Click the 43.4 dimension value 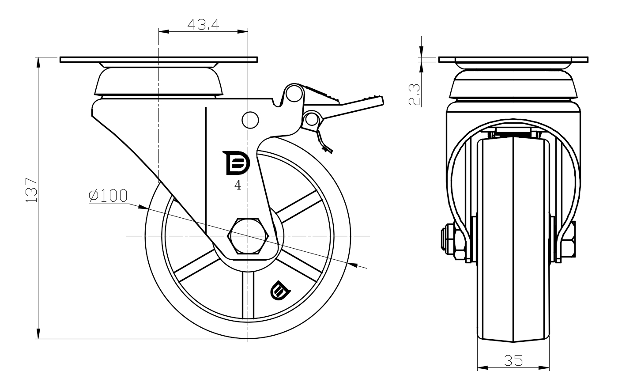pos(203,24)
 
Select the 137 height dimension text pos(30,190)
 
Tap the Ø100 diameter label pos(108,196)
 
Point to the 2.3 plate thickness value pos(414,94)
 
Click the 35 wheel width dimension pos(513,361)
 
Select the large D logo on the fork pos(236,163)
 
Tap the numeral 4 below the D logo pos(237,186)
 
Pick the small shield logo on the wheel pos(279,291)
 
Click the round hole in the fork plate pos(250,119)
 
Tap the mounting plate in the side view pos(158,60)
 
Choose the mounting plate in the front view pos(513,60)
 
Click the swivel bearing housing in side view pos(158,82)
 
